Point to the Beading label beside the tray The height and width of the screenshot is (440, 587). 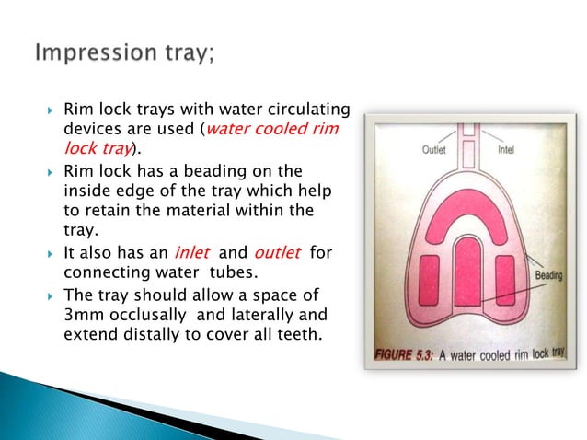pyautogui.click(x=550, y=275)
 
